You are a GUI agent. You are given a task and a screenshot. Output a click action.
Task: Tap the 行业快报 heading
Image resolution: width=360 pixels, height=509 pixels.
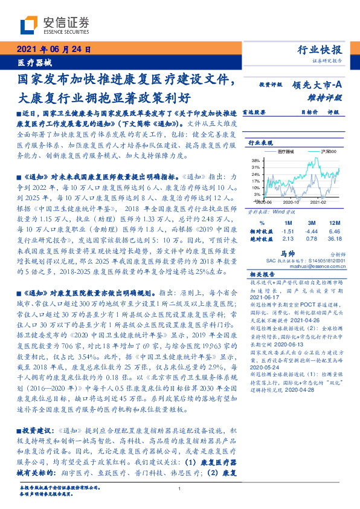[x=320, y=50]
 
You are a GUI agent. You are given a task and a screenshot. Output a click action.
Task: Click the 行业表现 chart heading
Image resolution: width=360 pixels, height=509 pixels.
[x=261, y=143]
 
